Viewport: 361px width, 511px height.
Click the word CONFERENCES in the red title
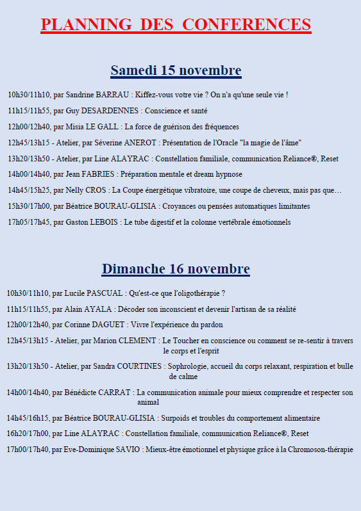[x=247, y=24]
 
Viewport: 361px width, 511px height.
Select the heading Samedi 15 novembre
[x=176, y=70]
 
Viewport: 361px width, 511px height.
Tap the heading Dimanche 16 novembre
[x=176, y=268]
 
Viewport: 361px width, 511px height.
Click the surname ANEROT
[x=141, y=143]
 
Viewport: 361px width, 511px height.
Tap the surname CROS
[x=97, y=190]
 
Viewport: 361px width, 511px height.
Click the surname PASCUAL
[x=105, y=293]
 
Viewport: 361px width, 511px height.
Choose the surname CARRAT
[x=116, y=393]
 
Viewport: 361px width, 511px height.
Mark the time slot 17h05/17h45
[x=29, y=222]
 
